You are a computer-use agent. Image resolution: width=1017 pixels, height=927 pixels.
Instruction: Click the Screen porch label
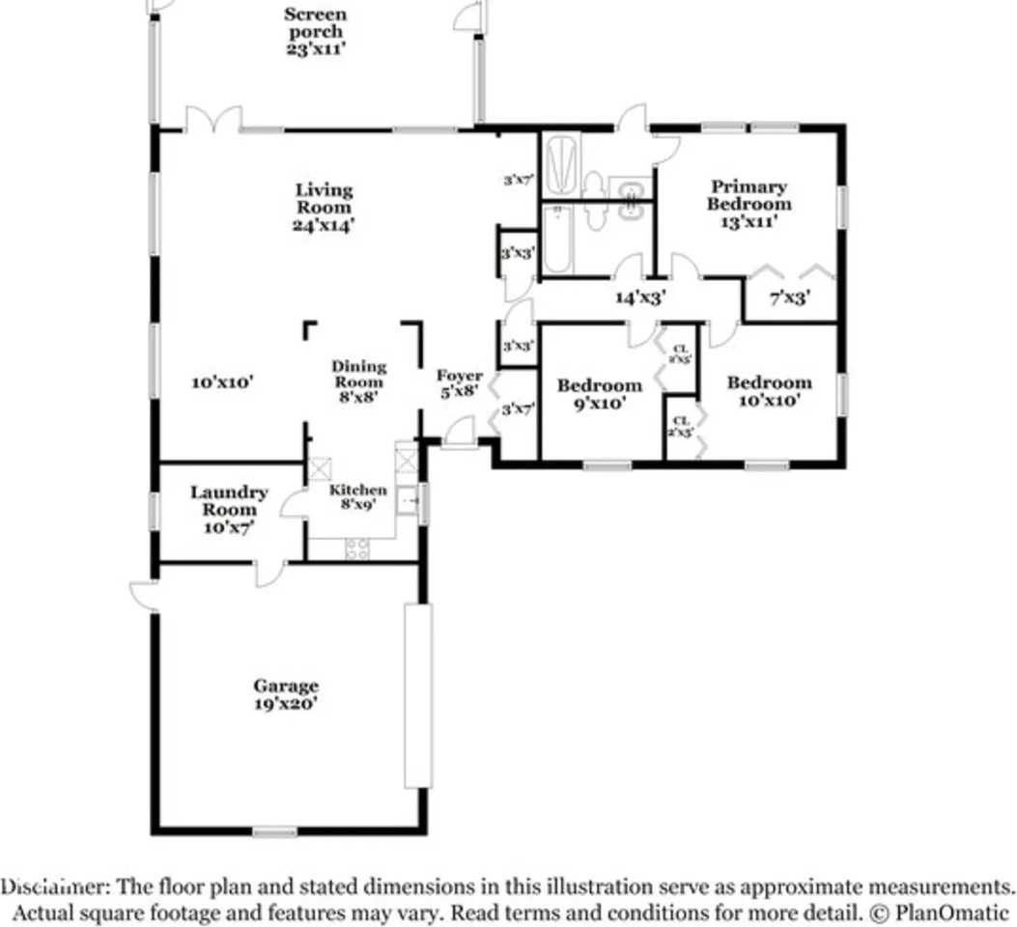tap(315, 31)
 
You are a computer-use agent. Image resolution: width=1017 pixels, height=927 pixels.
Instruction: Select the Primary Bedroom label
tap(748, 204)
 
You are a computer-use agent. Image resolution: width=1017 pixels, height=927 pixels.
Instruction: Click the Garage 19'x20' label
tap(286, 694)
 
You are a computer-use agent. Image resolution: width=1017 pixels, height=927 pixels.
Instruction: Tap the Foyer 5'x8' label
tap(460, 383)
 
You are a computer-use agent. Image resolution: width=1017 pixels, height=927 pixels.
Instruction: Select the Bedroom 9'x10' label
tap(599, 394)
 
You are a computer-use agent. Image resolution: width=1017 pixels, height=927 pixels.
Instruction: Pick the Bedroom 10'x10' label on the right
tap(769, 391)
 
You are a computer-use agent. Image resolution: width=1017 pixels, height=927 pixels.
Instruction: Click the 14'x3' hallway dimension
tap(641, 297)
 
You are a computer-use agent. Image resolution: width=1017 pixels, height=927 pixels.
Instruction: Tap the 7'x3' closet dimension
tap(788, 299)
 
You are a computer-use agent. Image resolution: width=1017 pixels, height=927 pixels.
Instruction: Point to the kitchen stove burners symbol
tap(357, 548)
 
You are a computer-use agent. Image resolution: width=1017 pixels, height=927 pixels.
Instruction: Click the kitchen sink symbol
tap(408, 500)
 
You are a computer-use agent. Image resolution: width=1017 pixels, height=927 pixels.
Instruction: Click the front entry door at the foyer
tap(461, 433)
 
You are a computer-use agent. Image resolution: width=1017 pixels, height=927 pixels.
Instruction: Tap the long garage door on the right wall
tap(418, 696)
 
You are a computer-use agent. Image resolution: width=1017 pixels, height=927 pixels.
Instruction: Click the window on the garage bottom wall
tap(274, 830)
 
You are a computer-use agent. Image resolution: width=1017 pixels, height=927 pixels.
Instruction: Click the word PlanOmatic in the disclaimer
tap(951, 912)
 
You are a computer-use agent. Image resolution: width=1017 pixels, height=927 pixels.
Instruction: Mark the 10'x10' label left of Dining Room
tap(222, 382)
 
